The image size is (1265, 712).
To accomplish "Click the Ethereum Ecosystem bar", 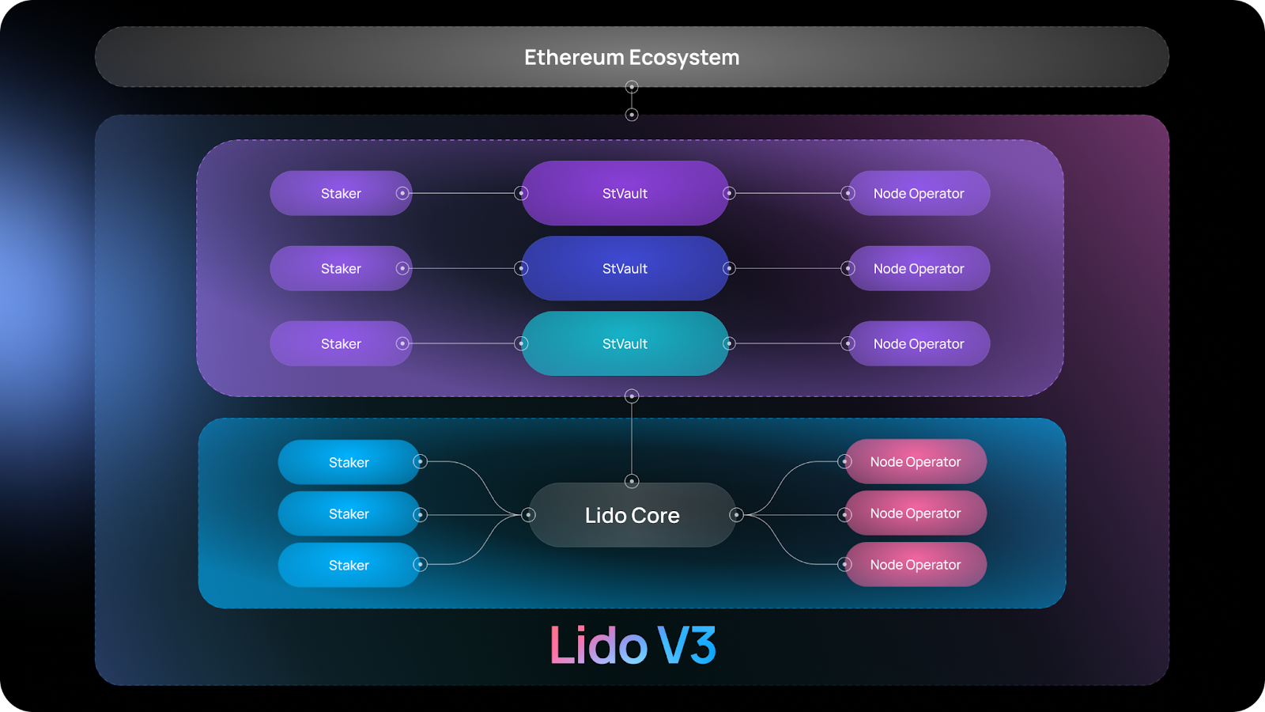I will (x=316, y=57).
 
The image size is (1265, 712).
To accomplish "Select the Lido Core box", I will (x=632, y=515).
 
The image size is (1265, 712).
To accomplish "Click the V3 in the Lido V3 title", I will (x=687, y=646).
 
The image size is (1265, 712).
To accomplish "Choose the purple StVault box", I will (x=625, y=193).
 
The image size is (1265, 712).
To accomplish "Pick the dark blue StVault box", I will (x=625, y=268).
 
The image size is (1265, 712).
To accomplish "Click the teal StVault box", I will (x=625, y=343).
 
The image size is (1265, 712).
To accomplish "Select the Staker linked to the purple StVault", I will (x=341, y=193).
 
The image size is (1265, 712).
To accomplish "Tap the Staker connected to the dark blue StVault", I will (x=341, y=268).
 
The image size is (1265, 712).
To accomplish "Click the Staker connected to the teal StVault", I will (x=341, y=343).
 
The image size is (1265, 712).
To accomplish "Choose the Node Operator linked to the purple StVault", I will (x=919, y=193).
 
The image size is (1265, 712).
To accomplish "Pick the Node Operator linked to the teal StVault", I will (x=919, y=343).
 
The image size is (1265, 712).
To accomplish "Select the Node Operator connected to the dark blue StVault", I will (x=919, y=268).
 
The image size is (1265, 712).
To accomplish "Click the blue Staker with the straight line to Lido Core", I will (x=349, y=513).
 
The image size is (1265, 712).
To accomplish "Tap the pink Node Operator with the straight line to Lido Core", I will (x=916, y=513).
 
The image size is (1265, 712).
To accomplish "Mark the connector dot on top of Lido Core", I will (x=632, y=481).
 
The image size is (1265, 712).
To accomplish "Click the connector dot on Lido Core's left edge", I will (x=529, y=515).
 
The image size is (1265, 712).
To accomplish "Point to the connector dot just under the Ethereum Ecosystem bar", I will (x=632, y=87).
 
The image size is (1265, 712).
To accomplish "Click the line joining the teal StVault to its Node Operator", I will (x=788, y=343).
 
